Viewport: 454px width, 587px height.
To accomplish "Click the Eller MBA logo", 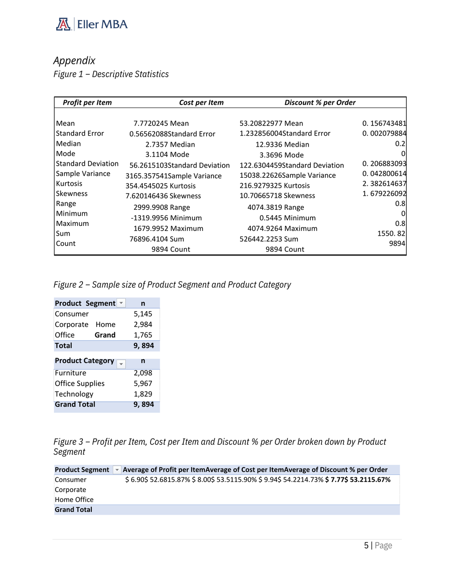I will [92, 24].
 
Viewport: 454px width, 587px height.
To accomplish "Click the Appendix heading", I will [74, 61].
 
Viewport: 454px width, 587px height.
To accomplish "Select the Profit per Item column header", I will [87, 103].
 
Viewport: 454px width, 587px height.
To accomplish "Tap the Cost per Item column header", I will [201, 103].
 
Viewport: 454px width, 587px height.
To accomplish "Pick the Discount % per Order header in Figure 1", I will [320, 103].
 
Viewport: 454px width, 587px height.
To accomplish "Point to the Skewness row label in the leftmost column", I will [72, 194].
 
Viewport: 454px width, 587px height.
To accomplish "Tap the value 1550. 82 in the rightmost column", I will [391, 234].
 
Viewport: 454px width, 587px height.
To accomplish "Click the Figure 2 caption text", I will [172, 285].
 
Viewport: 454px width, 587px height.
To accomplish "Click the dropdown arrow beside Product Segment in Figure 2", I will [121, 303].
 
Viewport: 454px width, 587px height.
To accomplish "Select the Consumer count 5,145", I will [143, 314].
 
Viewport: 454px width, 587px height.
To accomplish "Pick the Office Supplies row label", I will [80, 384].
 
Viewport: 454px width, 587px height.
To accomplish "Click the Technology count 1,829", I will [143, 394].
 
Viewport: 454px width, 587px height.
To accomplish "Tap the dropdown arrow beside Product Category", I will [121, 364].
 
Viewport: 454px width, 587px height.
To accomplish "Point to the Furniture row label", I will [70, 373].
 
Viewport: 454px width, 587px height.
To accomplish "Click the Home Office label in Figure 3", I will [74, 500].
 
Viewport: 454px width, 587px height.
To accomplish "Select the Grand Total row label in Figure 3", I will [73, 510].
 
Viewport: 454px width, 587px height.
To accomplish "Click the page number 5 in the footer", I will [366, 546].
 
